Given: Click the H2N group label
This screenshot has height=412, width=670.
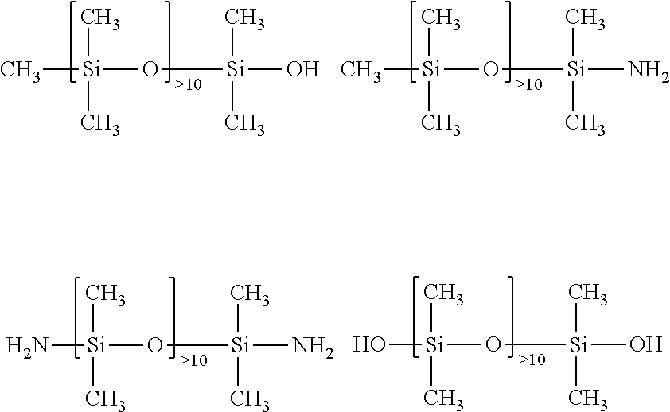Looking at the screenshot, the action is coord(27,346).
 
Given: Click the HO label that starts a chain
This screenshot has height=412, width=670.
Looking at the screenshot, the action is coord(369,344).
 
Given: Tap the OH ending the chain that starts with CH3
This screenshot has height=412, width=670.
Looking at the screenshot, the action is coord(303,69).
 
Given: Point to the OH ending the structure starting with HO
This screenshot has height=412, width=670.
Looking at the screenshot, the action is coord(645,344).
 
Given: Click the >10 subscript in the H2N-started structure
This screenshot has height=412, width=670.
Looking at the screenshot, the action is coord(193,360).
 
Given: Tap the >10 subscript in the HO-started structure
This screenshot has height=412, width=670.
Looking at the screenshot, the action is coord(532,359).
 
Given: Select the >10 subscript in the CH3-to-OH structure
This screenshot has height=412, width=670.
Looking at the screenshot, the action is coord(188,84).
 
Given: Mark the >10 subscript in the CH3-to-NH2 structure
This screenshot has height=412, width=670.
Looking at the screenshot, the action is coord(528,84).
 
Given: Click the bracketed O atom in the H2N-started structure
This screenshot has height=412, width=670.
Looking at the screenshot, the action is coord(154,345).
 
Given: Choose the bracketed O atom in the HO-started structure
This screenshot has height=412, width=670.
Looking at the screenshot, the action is coord(493,344).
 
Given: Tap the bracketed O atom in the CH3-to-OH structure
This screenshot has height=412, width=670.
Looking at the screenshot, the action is coord(150,69).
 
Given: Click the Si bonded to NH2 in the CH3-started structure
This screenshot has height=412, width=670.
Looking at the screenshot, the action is coord(576,69).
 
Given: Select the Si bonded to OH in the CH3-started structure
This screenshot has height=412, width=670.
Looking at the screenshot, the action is coord(236,69).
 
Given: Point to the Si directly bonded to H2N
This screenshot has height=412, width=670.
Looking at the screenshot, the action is coord(96,345).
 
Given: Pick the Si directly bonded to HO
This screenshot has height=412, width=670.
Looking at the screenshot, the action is coord(434,344).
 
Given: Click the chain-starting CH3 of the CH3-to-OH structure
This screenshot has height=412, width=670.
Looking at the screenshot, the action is coord(21,71).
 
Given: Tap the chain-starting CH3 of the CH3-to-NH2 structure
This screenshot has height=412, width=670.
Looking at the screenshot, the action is coord(360,71).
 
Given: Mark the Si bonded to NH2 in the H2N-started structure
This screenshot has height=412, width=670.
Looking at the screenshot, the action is coord(240,345).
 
